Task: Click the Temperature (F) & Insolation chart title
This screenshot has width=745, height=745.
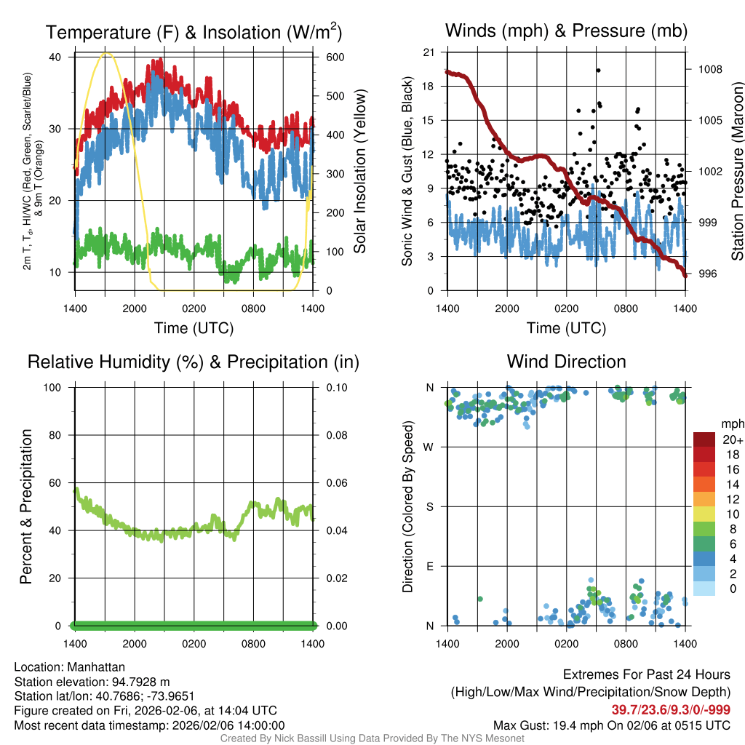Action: pyautogui.click(x=194, y=33)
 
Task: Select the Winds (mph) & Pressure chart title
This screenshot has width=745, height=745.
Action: pyautogui.click(x=566, y=31)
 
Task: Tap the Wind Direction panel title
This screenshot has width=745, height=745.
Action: pyautogui.click(x=566, y=362)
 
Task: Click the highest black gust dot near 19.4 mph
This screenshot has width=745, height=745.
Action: pyautogui.click(x=598, y=70)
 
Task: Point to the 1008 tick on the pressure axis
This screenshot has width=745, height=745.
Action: pyautogui.click(x=709, y=69)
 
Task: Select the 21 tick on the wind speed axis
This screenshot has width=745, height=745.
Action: pyautogui.click(x=429, y=52)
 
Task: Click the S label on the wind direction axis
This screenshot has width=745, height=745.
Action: pyautogui.click(x=430, y=506)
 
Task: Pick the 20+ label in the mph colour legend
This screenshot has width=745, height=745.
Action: pyautogui.click(x=731, y=440)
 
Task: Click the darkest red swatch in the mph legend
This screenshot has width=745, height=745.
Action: pyautogui.click(x=704, y=440)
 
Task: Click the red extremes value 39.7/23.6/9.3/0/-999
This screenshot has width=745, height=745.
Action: pyautogui.click(x=671, y=710)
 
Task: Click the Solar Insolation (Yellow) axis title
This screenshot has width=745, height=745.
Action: pyautogui.click(x=360, y=171)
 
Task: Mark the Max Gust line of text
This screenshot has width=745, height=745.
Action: pyautogui.click(x=612, y=725)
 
